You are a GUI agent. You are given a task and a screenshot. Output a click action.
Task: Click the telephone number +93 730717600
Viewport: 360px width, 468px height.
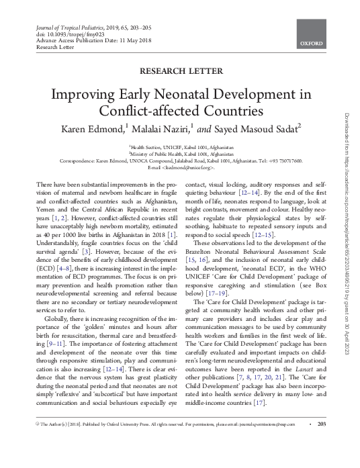[281, 161]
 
